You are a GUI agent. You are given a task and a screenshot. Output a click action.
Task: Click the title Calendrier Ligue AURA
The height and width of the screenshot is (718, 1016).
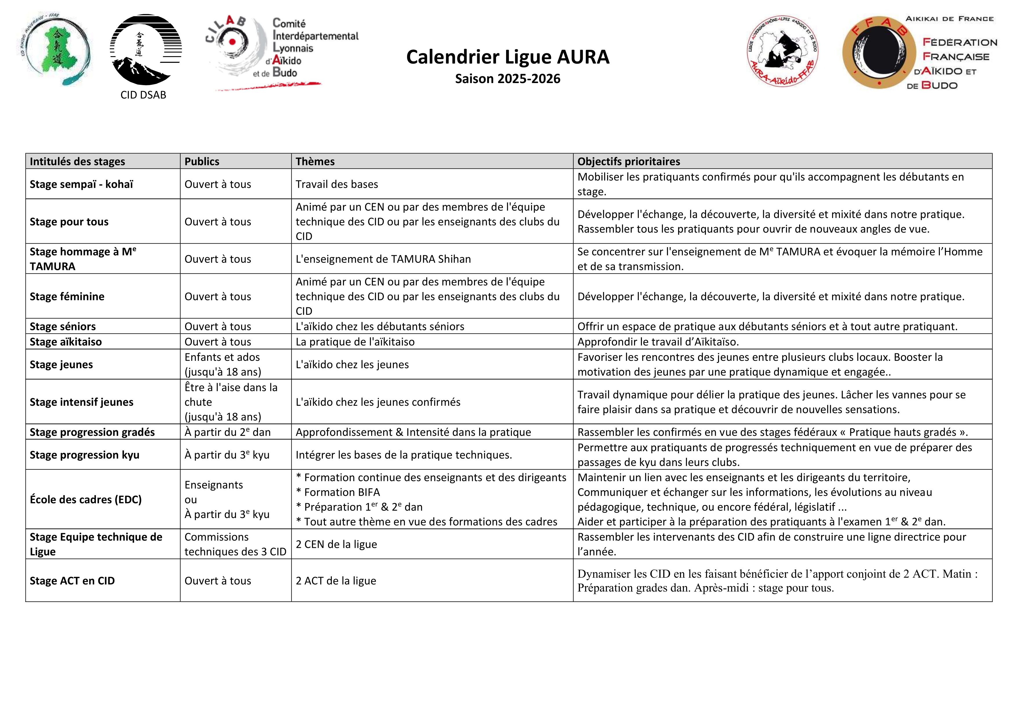click(x=508, y=57)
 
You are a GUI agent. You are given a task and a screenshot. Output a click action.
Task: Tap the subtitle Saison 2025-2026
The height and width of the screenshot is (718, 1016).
click(x=508, y=79)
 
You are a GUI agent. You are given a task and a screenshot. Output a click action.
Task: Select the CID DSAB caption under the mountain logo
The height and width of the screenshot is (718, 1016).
click(x=143, y=95)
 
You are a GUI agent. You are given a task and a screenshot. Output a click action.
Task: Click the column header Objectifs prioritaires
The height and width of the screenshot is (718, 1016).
click(x=628, y=161)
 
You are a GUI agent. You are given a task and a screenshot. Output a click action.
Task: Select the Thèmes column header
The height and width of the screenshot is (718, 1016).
click(x=315, y=161)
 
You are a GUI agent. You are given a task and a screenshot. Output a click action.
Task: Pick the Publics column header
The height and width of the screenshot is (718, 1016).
click(x=202, y=161)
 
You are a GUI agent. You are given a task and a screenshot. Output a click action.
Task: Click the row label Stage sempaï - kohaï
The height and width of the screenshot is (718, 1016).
click(x=81, y=184)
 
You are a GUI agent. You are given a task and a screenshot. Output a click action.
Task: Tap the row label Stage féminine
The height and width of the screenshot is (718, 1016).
click(x=67, y=296)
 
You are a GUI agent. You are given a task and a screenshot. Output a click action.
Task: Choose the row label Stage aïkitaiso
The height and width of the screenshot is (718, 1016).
click(x=65, y=341)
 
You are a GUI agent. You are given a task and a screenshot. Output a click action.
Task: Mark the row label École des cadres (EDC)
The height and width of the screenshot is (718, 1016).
click(x=85, y=500)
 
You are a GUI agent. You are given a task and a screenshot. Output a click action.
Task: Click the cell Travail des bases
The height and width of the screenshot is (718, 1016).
click(x=337, y=184)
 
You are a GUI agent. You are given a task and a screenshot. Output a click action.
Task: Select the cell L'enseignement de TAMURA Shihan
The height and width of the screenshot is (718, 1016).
click(x=383, y=259)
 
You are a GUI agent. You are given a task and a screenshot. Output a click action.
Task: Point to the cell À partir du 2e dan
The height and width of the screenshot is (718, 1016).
click(x=228, y=432)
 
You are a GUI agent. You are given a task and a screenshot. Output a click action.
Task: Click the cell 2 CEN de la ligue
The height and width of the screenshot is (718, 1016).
click(x=336, y=544)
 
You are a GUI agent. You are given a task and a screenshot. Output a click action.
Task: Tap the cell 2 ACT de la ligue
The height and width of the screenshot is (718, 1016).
click(x=336, y=581)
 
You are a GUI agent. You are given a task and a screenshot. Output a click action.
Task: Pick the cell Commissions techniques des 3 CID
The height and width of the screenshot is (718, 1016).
click(x=235, y=544)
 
